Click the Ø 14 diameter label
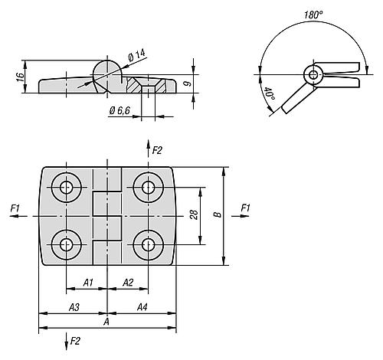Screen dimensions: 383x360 click(136, 55)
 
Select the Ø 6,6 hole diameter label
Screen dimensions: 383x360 click(119, 110)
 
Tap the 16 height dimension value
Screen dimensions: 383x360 click(20, 77)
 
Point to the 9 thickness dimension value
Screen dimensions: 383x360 click(188, 83)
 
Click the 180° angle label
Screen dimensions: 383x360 click(313, 15)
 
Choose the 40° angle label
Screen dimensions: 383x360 click(269, 93)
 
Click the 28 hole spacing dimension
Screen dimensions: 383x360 click(194, 214)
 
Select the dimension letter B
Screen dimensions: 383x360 click(218, 214)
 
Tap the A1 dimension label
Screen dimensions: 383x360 click(88, 283)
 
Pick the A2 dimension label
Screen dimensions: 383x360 click(128, 283)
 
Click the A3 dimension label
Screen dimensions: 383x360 click(74, 307)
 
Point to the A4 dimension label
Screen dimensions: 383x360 click(142, 307)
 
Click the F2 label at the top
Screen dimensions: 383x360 click(157, 151)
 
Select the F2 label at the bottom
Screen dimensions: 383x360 click(75, 341)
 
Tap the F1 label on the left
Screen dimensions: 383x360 click(15, 208)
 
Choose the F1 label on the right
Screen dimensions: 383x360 click(245, 208)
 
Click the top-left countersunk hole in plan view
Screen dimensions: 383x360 click(67, 188)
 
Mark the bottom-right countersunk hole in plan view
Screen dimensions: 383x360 click(149, 245)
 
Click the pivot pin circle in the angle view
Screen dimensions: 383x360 click(313, 75)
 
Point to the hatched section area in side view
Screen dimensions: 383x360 click(133, 84)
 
